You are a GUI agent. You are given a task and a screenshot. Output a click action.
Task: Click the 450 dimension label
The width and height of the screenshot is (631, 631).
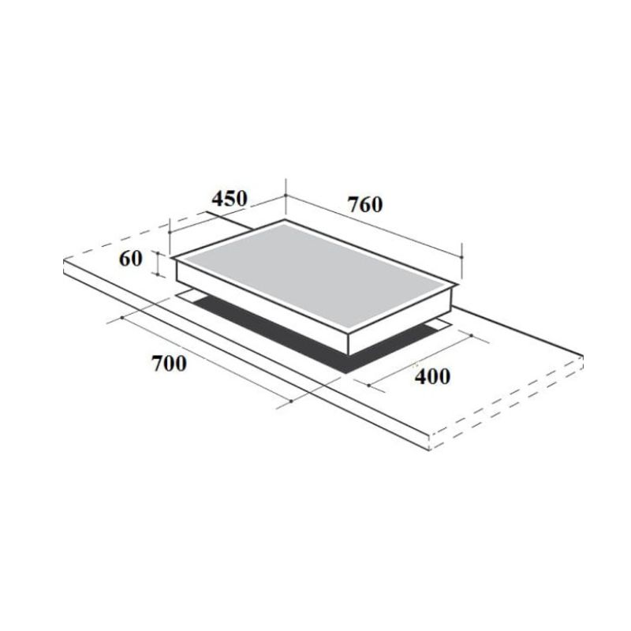click(230, 199)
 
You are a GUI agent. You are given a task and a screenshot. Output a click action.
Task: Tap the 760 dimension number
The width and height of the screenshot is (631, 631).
click(365, 204)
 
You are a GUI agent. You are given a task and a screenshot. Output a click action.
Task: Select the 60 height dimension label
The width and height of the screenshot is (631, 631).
click(131, 259)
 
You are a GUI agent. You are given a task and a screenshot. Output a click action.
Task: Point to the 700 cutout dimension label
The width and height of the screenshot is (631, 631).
click(170, 364)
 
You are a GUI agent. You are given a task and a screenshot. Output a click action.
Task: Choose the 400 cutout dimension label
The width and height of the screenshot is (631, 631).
click(432, 377)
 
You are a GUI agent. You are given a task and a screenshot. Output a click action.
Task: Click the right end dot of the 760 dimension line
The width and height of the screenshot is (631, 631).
click(461, 257)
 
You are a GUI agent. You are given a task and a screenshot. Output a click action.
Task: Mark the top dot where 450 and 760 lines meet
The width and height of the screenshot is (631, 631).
click(286, 195)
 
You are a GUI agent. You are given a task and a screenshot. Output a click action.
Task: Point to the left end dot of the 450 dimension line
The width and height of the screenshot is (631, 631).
click(170, 232)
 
